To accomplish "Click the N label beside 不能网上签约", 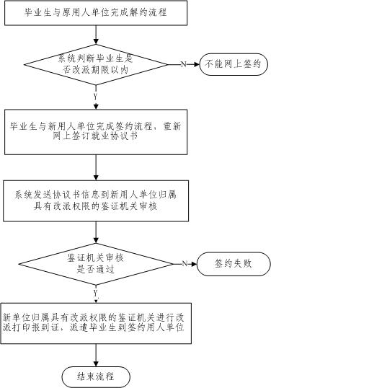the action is pos(184,64).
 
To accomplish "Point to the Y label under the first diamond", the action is pos(96,97).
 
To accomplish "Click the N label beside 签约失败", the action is pos(184,264).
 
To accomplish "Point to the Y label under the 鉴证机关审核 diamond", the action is pos(96,294).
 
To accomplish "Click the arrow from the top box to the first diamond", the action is pos(96,35).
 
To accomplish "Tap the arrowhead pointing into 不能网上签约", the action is pos(197,64).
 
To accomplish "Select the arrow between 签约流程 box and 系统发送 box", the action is pos(96,167).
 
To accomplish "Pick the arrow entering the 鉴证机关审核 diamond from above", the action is pos(96,232).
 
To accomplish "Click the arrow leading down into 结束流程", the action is pos(96,355).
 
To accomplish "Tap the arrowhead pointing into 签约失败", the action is pos(194,264).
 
